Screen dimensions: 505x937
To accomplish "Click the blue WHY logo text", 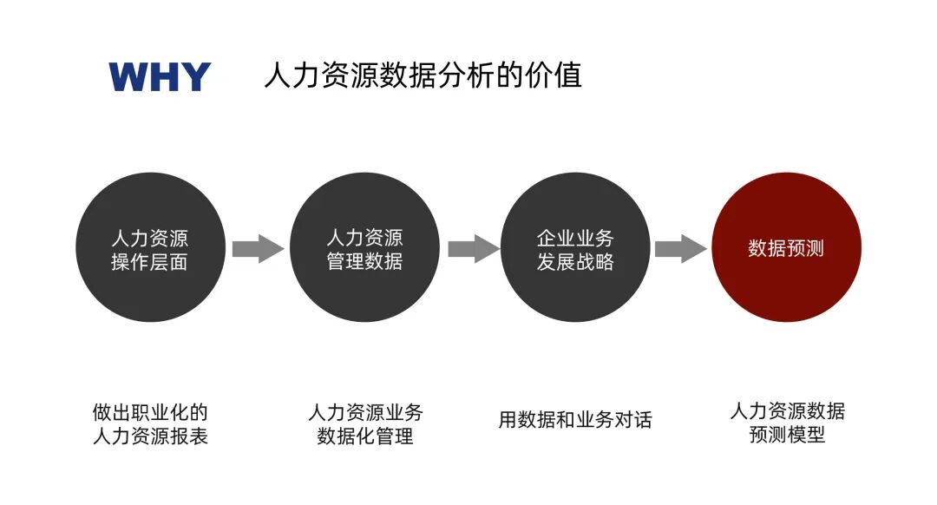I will point(160,77).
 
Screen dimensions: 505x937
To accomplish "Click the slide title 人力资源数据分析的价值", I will point(423,75).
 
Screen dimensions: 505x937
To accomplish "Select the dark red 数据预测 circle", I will point(786,248).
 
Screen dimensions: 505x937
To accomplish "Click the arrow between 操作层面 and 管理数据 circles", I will point(258,249).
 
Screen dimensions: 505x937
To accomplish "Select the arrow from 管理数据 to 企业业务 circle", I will point(473,249).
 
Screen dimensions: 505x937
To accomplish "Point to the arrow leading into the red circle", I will point(680,249).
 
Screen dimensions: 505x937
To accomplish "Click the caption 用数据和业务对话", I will point(575,420).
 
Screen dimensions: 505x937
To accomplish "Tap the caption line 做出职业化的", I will point(150,411).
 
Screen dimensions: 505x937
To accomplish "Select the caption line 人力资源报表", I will point(150,436).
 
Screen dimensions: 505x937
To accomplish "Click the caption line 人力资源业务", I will point(365,411).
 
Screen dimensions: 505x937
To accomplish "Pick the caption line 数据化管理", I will point(365,436).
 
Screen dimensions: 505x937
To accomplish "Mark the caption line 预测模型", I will point(787,435).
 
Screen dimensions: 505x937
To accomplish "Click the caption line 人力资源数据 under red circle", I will point(787,410).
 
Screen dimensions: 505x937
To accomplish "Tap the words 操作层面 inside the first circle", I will point(150,262).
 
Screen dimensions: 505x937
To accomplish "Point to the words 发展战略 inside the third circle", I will point(575,262).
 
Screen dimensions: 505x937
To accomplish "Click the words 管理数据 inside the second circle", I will point(364,261).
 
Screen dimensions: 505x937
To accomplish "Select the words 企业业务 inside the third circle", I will point(575,238).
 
